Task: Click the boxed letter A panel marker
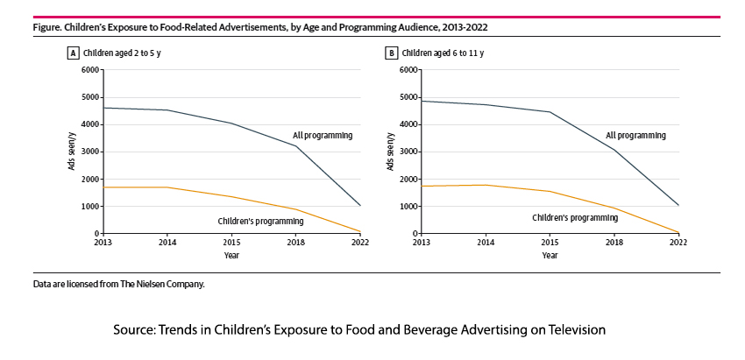[74, 53]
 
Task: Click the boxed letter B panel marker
[391, 53]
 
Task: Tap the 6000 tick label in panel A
[90, 69]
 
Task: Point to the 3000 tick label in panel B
[407, 152]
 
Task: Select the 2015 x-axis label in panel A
[231, 242]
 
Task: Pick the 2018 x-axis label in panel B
[614, 242]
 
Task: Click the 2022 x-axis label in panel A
[360, 242]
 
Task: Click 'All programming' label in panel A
[322, 135]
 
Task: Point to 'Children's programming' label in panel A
[254, 222]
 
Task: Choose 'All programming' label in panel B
[635, 136]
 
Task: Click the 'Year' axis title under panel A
[231, 256]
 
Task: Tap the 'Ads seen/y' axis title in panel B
[389, 152]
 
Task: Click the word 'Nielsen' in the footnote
[155, 285]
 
